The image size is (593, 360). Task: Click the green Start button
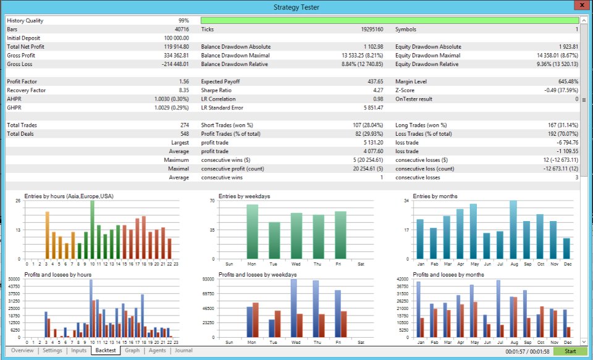pyautogui.click(x=570, y=351)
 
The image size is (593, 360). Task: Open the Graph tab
pyautogui.click(x=132, y=351)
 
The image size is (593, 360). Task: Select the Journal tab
pyautogui.click(x=183, y=351)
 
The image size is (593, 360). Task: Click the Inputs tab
pyautogui.click(x=78, y=351)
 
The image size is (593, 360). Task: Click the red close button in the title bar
pyautogui.click(x=579, y=6)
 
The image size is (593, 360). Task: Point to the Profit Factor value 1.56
pyautogui.click(x=183, y=82)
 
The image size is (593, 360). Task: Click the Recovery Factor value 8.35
pyautogui.click(x=183, y=90)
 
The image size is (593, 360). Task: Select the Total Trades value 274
pyautogui.click(x=184, y=125)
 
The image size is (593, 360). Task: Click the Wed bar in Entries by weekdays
pyautogui.click(x=296, y=236)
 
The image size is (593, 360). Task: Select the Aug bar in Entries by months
pyautogui.click(x=513, y=230)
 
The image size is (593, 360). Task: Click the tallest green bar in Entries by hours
pyautogui.click(x=92, y=230)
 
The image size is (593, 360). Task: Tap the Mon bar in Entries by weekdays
pyautogui.click(x=252, y=232)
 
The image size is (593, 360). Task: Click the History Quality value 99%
pyautogui.click(x=185, y=20)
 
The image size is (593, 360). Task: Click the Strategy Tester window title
pyautogui.click(x=296, y=7)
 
